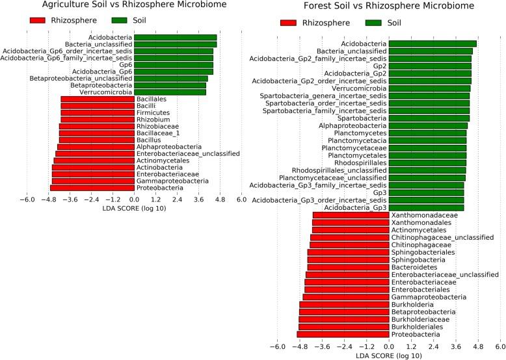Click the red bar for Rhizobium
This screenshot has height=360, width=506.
click(x=97, y=120)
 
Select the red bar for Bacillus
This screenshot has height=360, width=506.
click(x=96, y=140)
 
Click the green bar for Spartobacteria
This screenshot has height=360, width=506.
click(x=429, y=118)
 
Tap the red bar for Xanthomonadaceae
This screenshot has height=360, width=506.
click(x=351, y=215)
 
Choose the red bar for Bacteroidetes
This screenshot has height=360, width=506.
click(x=348, y=267)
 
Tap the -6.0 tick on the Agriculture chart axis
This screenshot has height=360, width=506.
click(x=25, y=200)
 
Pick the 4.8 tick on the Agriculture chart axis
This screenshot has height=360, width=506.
click(x=220, y=200)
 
